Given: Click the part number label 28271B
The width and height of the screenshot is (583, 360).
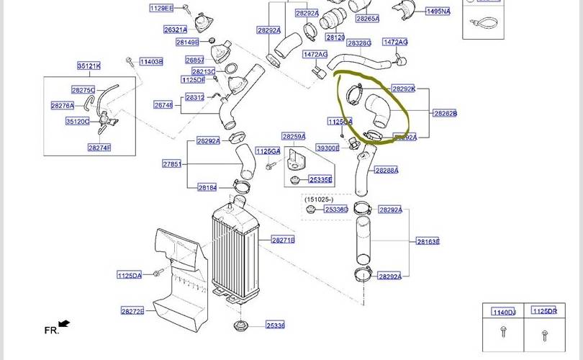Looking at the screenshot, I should click(283, 240).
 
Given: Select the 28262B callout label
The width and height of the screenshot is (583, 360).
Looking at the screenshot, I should click(446, 114).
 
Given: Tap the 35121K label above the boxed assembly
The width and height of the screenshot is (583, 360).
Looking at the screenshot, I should click(89, 66).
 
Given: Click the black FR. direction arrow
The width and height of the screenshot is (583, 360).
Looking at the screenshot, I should click(65, 324).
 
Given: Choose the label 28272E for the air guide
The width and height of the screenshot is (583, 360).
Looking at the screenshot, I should click(132, 311).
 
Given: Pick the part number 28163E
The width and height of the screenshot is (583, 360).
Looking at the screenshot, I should click(428, 242).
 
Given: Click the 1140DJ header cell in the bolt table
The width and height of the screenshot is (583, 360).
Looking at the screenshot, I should click(503, 312).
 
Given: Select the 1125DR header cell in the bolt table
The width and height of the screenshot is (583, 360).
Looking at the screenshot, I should click(543, 312).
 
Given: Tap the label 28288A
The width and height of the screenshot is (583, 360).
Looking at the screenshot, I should click(387, 171).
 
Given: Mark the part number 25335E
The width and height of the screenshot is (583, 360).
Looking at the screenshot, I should click(320, 179).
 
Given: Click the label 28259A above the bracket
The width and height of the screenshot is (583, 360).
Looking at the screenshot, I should click(294, 137).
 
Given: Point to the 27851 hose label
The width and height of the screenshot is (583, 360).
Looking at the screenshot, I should click(171, 164).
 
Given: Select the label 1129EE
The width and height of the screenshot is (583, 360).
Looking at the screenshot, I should click(161, 8).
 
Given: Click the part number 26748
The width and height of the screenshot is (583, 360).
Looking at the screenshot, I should click(163, 106).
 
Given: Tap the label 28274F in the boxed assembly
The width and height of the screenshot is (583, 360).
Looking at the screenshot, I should click(99, 148).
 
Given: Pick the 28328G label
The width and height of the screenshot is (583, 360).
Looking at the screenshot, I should click(360, 43).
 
